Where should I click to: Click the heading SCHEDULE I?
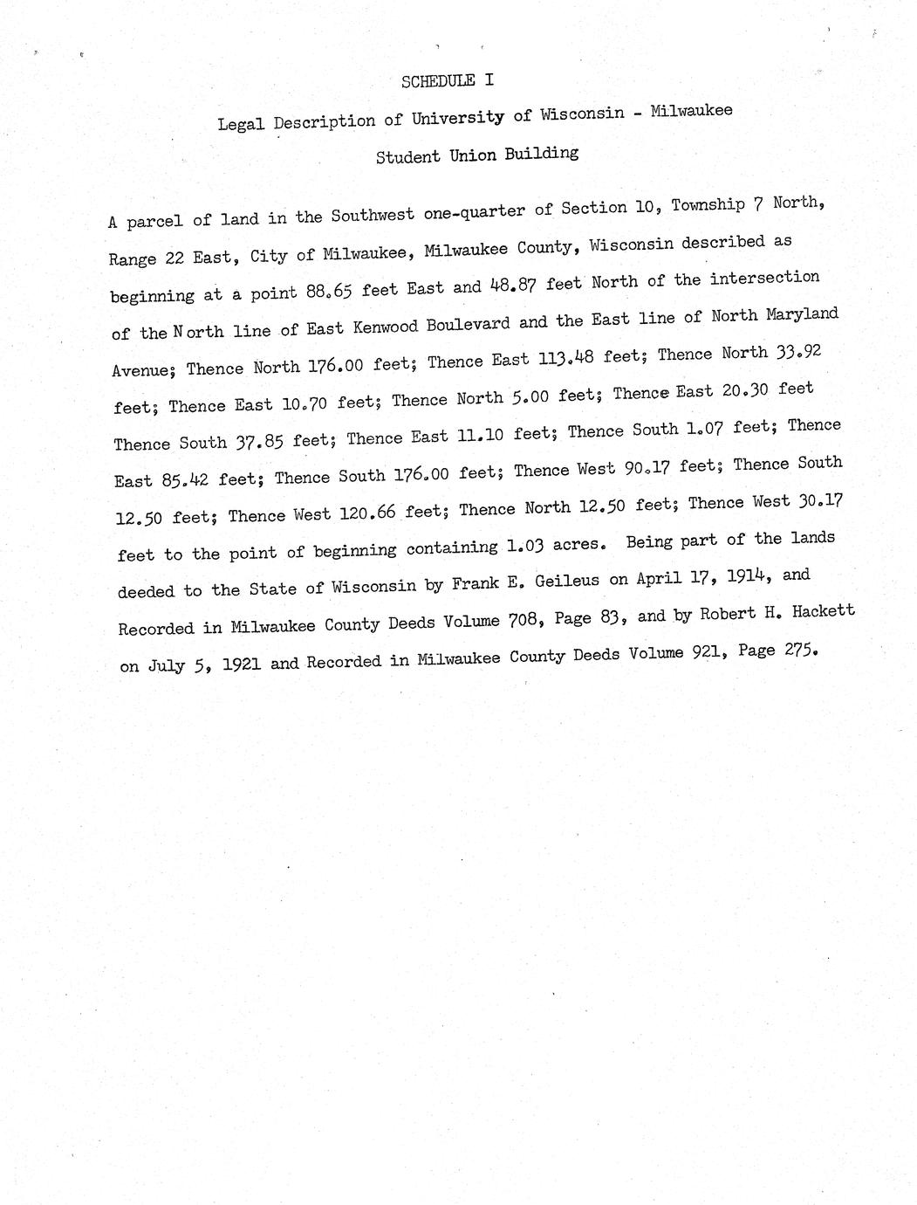[x=447, y=80]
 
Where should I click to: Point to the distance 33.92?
[x=797, y=351]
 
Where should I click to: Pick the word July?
[x=166, y=666]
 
